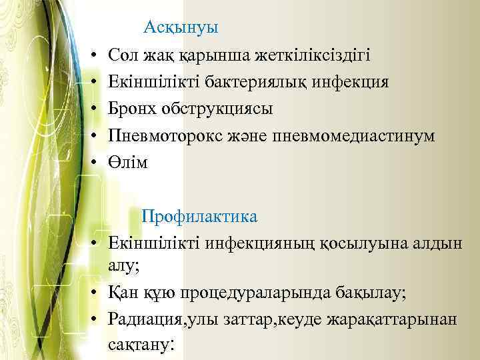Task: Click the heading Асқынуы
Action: point(181,29)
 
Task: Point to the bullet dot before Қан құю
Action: point(96,293)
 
